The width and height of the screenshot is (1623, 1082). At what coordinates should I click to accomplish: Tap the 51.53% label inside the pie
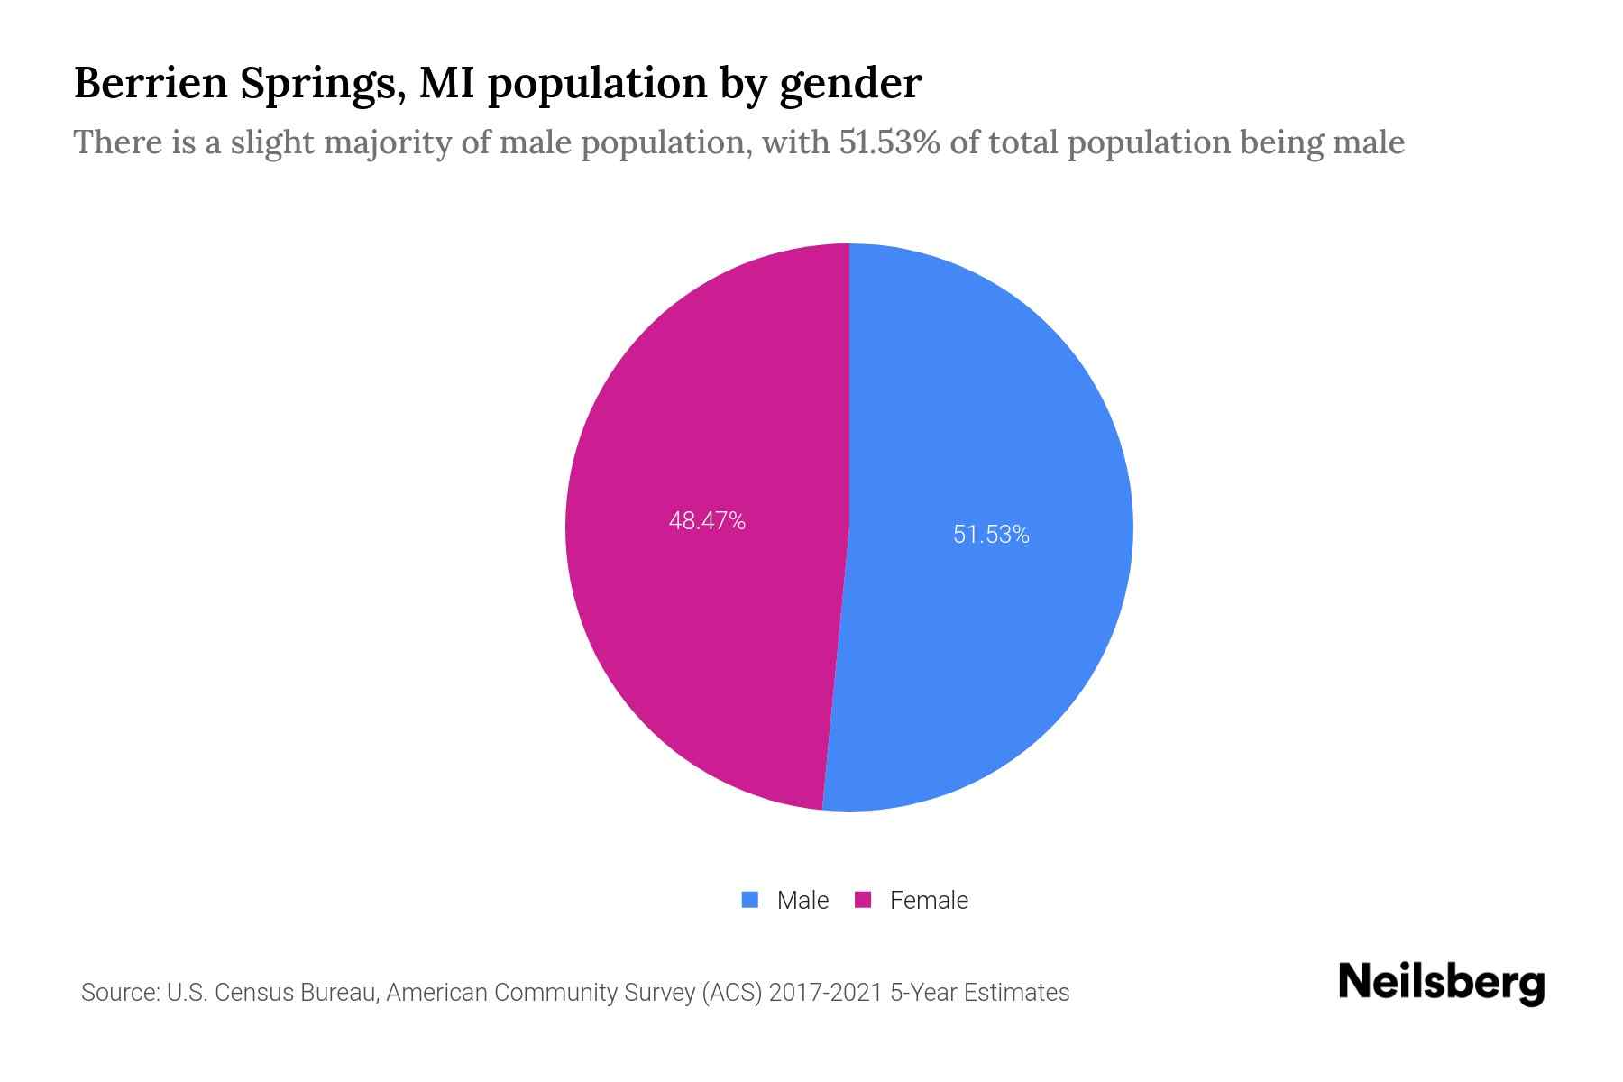pyautogui.click(x=991, y=535)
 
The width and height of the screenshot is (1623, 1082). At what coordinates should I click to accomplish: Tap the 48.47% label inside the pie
pyautogui.click(x=707, y=521)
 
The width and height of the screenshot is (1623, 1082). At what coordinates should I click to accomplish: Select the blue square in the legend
pyautogui.click(x=750, y=900)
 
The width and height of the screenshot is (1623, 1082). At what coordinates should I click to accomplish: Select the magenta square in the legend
pyautogui.click(x=863, y=900)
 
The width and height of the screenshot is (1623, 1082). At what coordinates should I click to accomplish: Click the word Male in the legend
pyautogui.click(x=802, y=901)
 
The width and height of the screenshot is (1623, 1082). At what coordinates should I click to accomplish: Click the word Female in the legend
pyautogui.click(x=929, y=901)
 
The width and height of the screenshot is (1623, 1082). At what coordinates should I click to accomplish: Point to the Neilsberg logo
pyautogui.click(x=1441, y=983)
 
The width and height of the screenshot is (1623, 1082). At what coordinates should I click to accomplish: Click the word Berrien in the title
pyautogui.click(x=150, y=83)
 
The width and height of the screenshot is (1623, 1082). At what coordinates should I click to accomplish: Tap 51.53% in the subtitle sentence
pyautogui.click(x=890, y=142)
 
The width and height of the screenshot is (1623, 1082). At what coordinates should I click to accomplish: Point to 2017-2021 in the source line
pyautogui.click(x=825, y=993)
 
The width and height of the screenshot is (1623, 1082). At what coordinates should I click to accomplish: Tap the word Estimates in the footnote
pyautogui.click(x=1016, y=993)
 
